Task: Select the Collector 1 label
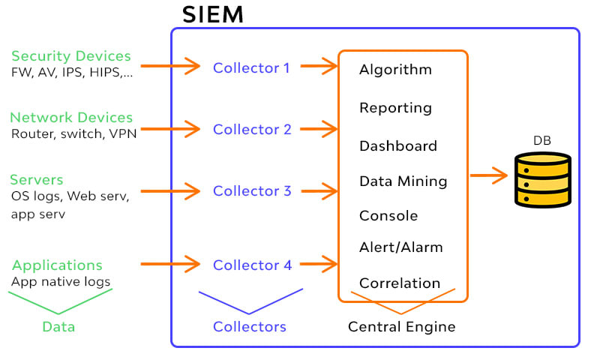pos(251,67)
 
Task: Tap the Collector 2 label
pos(252,129)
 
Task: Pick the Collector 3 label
pos(252,190)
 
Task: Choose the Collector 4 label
pos(252,265)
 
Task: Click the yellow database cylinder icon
pos(543,179)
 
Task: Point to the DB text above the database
pos(542,140)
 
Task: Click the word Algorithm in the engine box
pos(395,70)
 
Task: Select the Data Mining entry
pos(403,181)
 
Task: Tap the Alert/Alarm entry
pos(400,247)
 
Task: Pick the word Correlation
pos(399,283)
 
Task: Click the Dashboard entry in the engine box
pos(397,145)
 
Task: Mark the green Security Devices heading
pos(71,56)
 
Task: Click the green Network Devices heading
pos(71,118)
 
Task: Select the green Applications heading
pos(58,265)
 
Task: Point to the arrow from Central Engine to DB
pos(488,176)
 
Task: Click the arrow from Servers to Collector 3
pos(170,190)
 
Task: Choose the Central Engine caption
pos(401,327)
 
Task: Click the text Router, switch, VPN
pos(73,134)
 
